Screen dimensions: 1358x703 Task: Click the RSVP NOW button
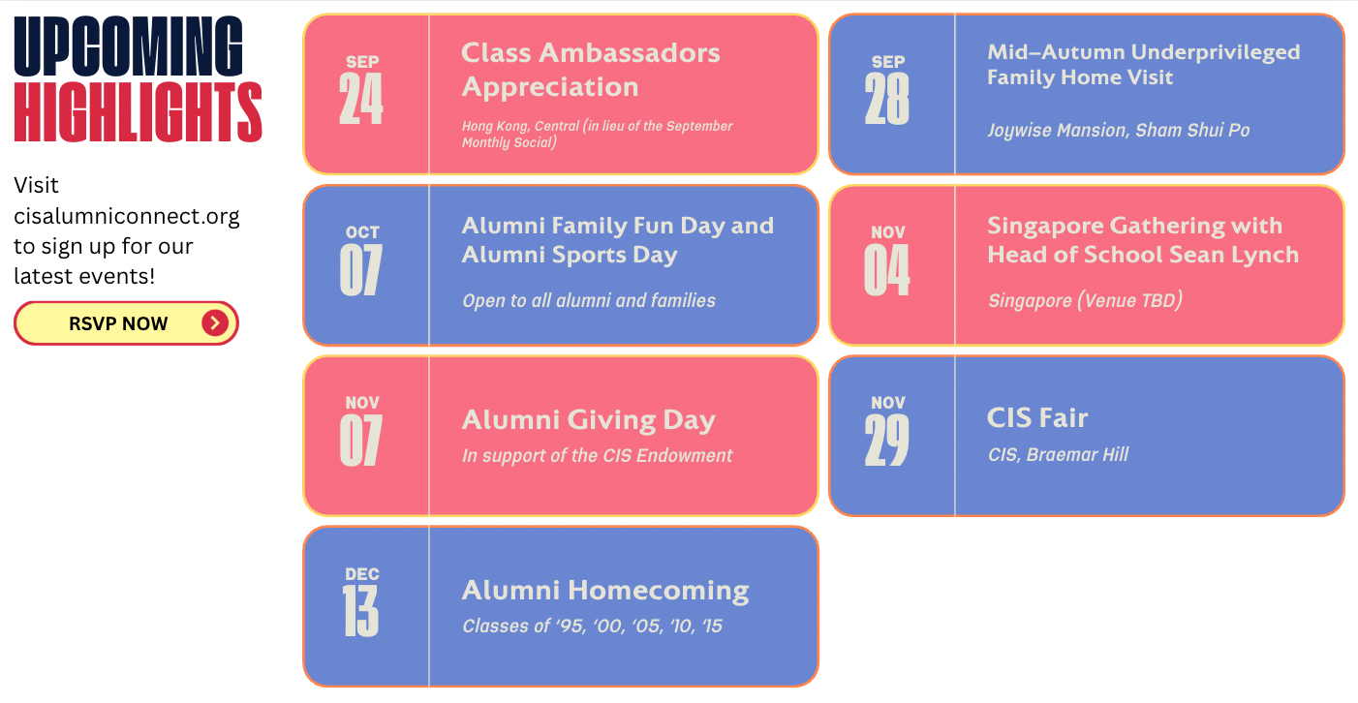click(x=126, y=323)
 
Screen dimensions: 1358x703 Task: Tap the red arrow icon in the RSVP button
click(x=215, y=323)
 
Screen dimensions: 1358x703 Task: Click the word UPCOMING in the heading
click(x=129, y=46)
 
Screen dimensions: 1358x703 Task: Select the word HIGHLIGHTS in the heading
click(x=139, y=112)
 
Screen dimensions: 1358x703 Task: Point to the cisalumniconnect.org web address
click(x=127, y=216)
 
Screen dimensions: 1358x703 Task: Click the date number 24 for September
click(x=360, y=99)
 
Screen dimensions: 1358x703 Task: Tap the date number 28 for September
click(x=887, y=99)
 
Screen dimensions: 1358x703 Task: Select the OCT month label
click(x=362, y=232)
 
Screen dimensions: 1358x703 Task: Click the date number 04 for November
click(x=887, y=270)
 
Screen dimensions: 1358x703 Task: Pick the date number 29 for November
click(x=887, y=441)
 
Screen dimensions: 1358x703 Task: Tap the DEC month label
click(x=362, y=574)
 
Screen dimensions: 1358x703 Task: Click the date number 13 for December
click(x=360, y=611)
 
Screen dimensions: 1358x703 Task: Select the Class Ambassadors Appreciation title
click(x=591, y=70)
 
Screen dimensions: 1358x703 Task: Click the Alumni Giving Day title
click(x=589, y=420)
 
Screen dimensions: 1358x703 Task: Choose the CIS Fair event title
click(x=1037, y=417)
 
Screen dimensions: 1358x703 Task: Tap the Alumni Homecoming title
click(x=605, y=591)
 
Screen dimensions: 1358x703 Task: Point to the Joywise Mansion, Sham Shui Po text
click(x=1119, y=131)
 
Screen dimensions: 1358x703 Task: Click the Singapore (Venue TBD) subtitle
click(x=1085, y=300)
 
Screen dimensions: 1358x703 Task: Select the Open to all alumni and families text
click(x=589, y=300)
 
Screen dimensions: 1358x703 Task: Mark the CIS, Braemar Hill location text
click(x=1058, y=454)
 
